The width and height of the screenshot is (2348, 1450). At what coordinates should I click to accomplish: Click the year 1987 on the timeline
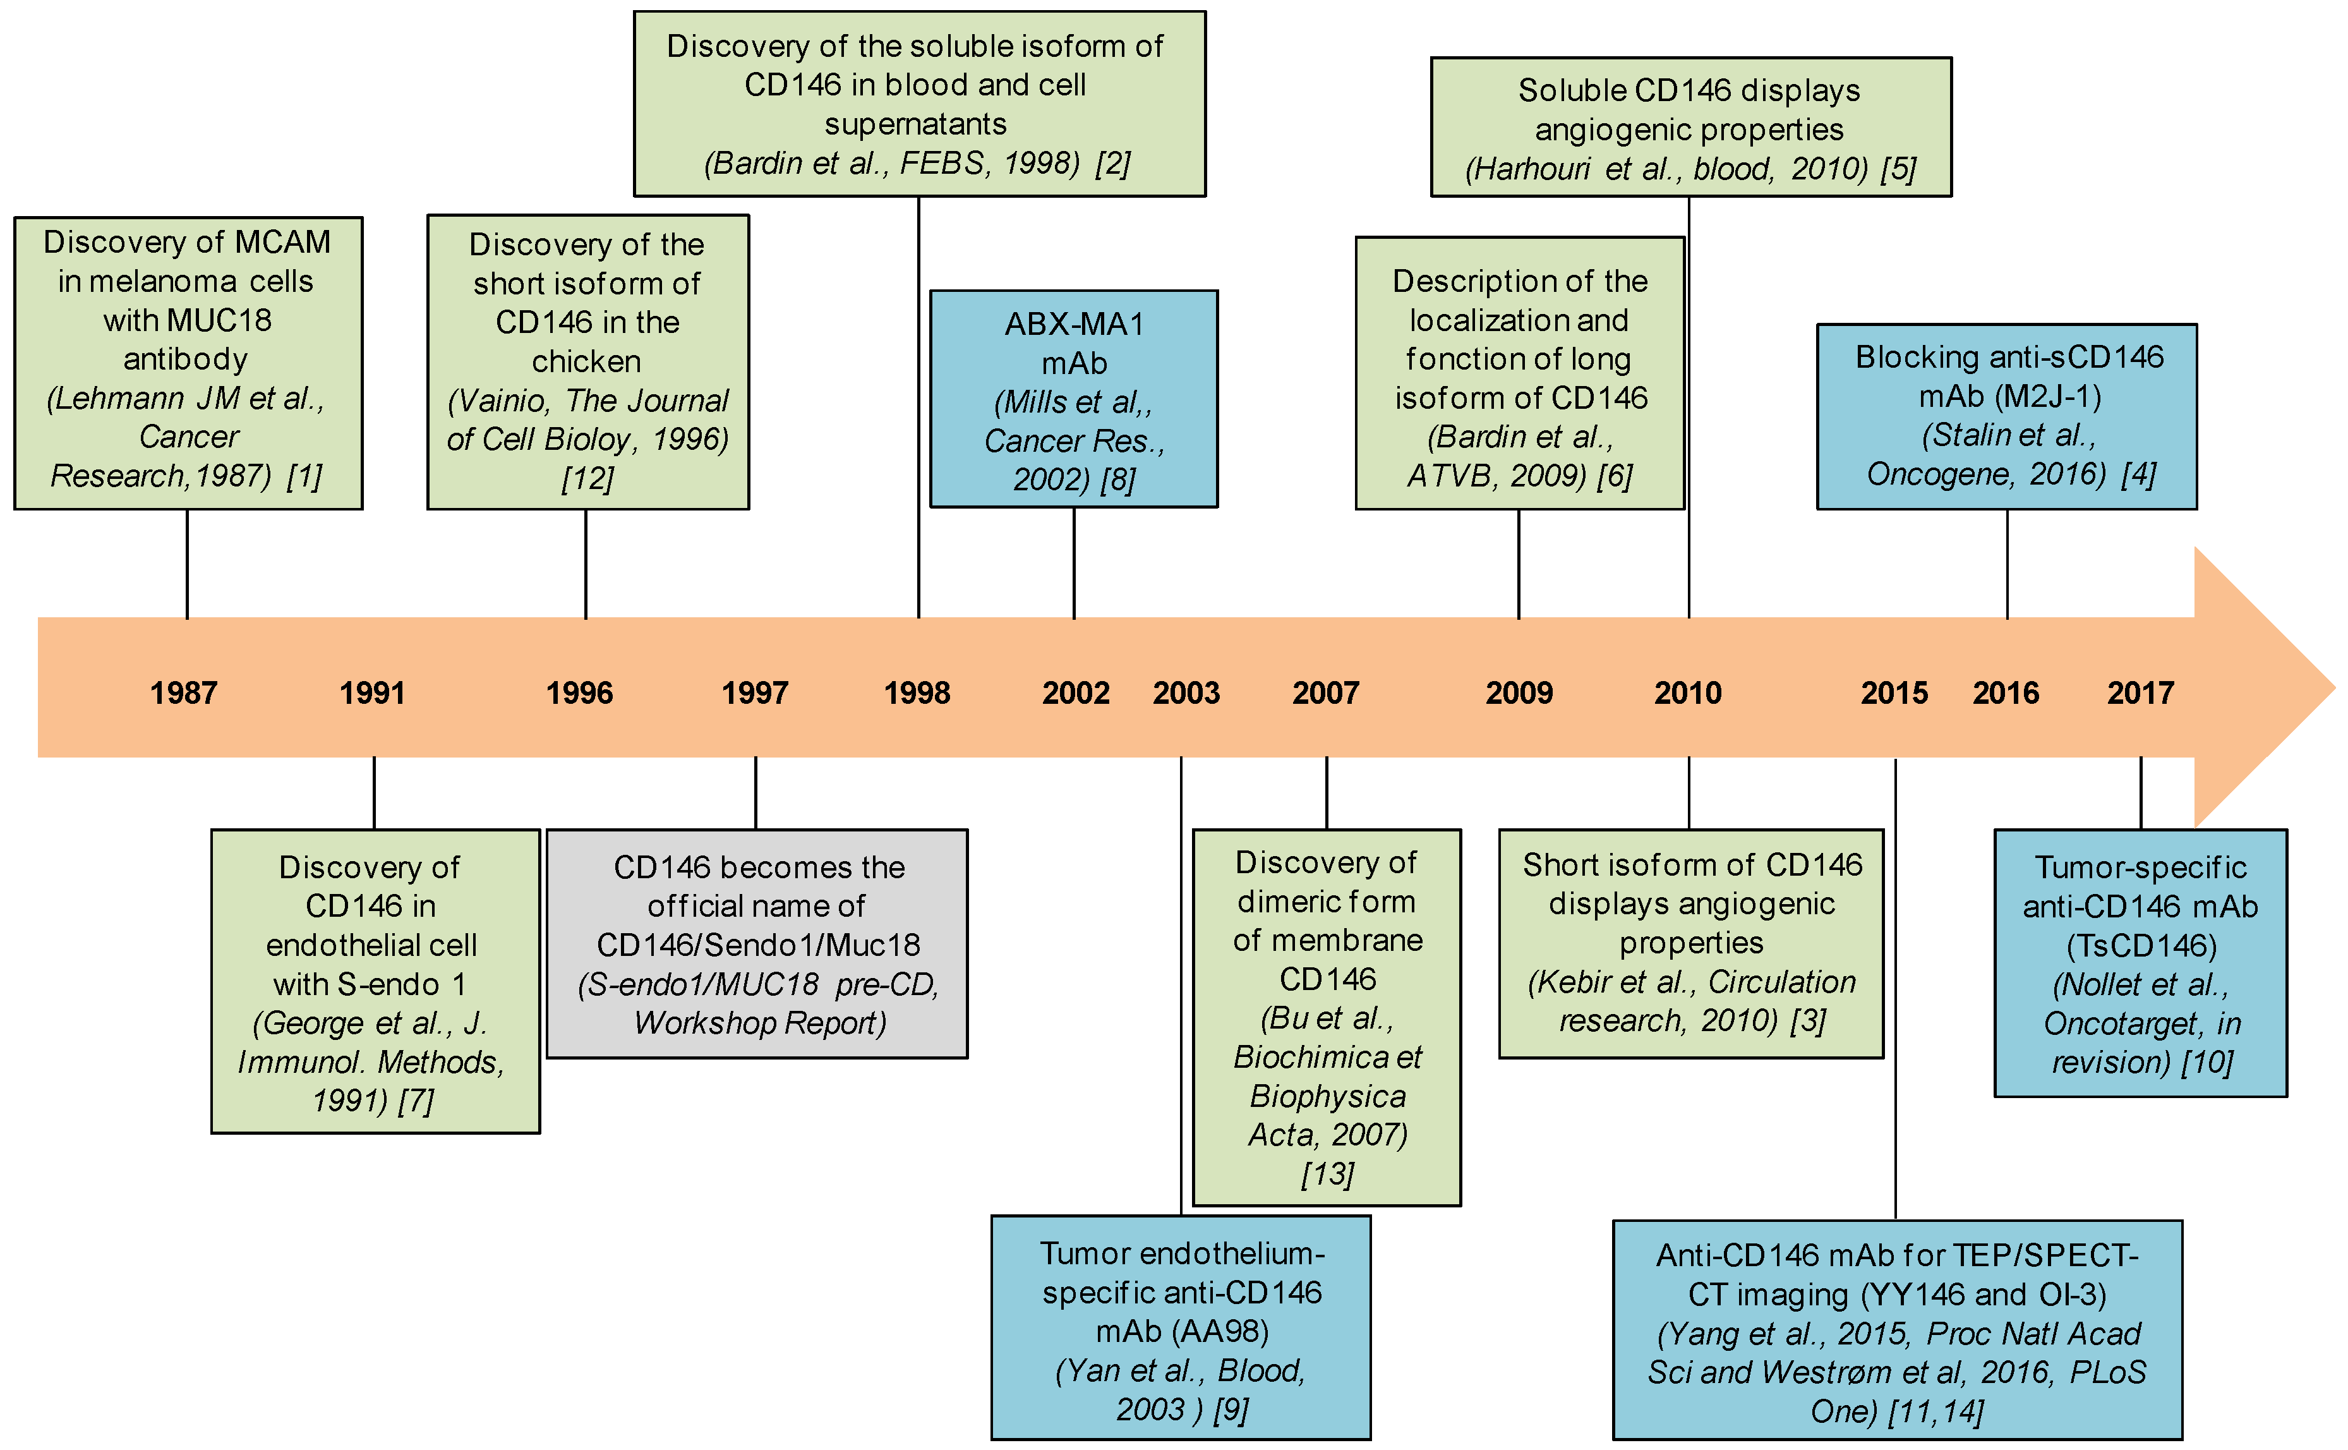(x=183, y=692)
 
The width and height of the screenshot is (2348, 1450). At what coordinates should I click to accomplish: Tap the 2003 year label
(x=1186, y=692)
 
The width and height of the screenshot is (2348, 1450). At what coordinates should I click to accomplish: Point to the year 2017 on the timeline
(x=2140, y=692)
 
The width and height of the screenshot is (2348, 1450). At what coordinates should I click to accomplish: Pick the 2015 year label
(x=1894, y=692)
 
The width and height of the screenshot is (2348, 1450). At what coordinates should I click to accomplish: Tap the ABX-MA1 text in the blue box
(x=1074, y=324)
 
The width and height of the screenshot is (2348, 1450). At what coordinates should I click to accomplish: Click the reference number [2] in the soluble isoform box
(x=1113, y=163)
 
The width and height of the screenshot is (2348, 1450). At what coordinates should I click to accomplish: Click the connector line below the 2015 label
(x=1896, y=988)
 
